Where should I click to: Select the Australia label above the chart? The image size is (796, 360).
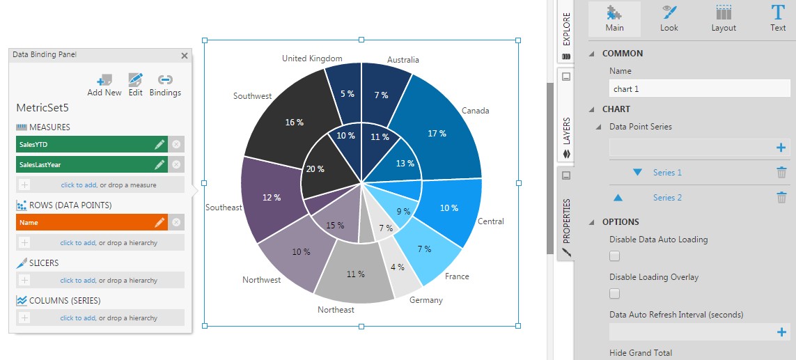[x=403, y=60]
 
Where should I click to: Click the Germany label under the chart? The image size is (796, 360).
[x=426, y=300]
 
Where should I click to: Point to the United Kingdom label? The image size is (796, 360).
[x=312, y=58]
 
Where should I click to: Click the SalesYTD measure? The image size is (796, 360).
[x=84, y=144]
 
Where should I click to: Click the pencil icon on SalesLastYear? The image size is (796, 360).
[x=159, y=164]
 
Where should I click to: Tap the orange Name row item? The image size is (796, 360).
[x=84, y=222]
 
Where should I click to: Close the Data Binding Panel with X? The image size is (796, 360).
[x=185, y=56]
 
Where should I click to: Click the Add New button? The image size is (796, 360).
[x=104, y=85]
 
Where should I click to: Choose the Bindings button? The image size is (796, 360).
[x=165, y=85]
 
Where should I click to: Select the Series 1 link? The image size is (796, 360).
[x=667, y=173]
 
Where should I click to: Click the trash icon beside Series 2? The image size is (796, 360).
[x=781, y=198]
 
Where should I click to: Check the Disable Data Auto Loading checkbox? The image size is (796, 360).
[x=614, y=256]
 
